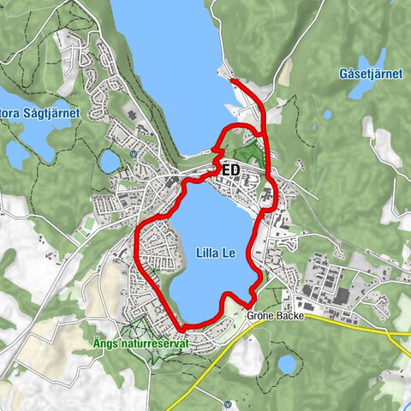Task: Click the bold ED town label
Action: [229, 170]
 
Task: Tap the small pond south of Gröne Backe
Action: [286, 364]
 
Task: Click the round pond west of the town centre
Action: [110, 161]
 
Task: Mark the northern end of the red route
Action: [233, 80]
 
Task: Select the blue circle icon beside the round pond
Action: [134, 154]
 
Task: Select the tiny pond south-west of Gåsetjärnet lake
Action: [327, 115]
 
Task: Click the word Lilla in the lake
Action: [202, 252]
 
